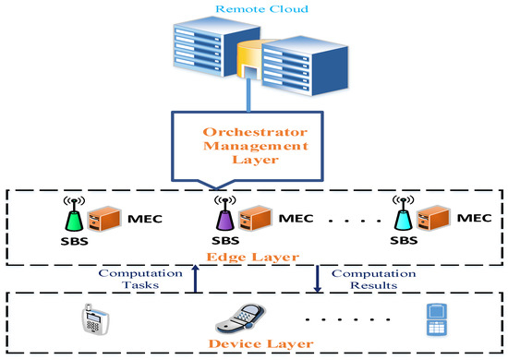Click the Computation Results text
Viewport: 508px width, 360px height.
coord(367,281)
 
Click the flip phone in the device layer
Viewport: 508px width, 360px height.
coord(236,321)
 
